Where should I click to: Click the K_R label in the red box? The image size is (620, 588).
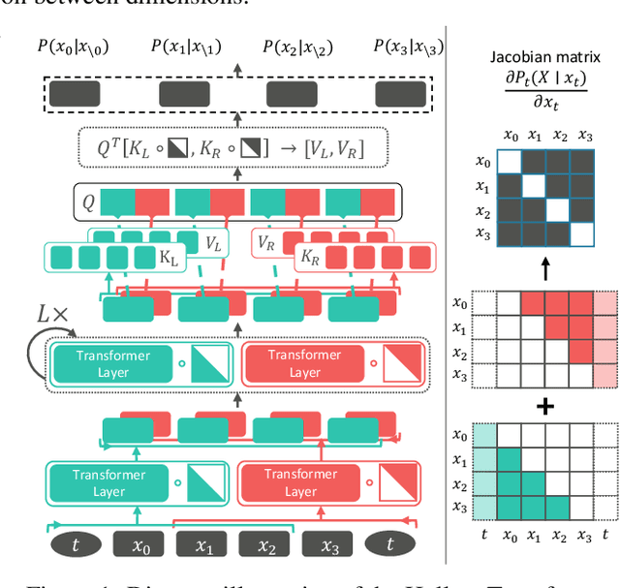click(311, 259)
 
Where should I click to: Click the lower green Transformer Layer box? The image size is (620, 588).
click(108, 482)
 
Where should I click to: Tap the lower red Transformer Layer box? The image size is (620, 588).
click(301, 482)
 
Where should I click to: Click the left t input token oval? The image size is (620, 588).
click(74, 545)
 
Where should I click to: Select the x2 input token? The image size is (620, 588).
click(267, 545)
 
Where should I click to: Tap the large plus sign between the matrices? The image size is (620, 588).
click(545, 408)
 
